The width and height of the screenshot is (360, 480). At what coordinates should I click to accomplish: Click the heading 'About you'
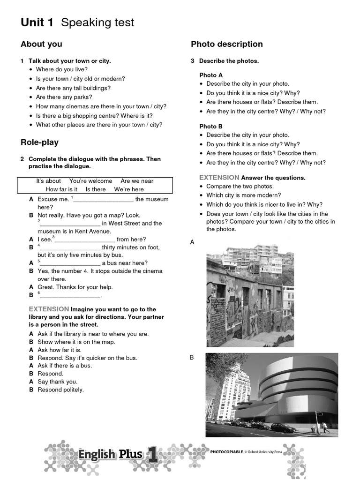point(41,45)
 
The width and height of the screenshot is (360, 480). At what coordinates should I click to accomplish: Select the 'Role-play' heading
point(39,142)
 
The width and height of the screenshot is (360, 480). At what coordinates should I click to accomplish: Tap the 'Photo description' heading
point(227,45)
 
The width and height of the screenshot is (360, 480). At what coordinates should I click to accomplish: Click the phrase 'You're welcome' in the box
point(90,181)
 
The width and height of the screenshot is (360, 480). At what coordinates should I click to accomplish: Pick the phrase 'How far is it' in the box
point(61,189)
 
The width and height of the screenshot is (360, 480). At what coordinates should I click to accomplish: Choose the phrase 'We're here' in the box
point(129,189)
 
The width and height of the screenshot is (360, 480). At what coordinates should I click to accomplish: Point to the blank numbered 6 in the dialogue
point(70,296)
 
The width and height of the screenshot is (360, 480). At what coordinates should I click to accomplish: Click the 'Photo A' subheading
point(211,75)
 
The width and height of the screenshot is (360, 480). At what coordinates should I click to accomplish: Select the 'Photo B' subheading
point(211,127)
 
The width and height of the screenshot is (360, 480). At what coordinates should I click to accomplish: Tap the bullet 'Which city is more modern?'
point(244,195)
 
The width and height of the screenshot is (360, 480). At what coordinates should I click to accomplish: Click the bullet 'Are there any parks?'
point(64,97)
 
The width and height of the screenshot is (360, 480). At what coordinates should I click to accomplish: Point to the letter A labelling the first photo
point(192,242)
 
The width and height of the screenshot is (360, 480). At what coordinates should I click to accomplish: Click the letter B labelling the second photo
point(192,358)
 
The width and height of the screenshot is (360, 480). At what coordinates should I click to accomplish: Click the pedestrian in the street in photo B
point(323,427)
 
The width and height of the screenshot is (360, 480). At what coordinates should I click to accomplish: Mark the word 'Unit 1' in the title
point(37,22)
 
